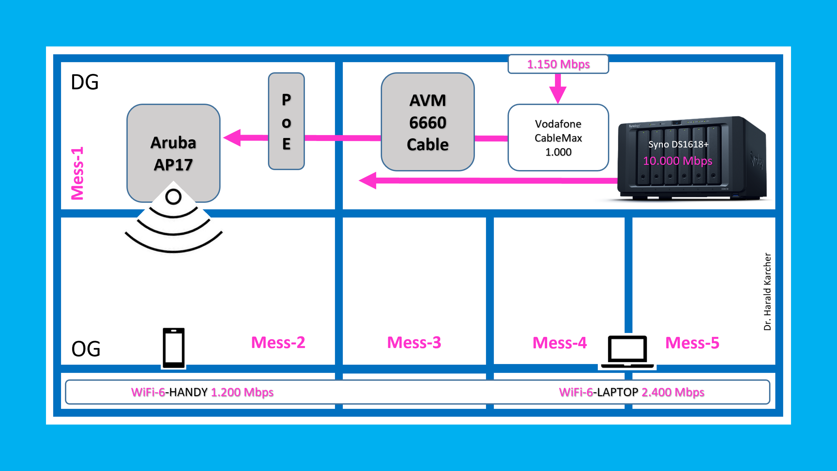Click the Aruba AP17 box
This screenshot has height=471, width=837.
coord(173,153)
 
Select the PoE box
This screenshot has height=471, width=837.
coord(286,121)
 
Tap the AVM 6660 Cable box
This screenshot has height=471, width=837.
coord(428,122)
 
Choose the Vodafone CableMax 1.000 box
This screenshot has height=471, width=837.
coord(558,138)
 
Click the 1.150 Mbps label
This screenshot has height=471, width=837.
coord(558,64)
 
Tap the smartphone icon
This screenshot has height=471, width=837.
coord(174,348)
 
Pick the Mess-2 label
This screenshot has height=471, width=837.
coord(278,342)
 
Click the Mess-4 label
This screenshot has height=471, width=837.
coord(560,343)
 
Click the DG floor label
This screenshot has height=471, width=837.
coord(85,82)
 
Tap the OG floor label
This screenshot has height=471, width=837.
coord(86,349)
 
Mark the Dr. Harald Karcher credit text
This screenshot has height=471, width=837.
coord(767,292)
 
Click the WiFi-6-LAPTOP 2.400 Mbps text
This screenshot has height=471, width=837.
coord(631,392)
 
